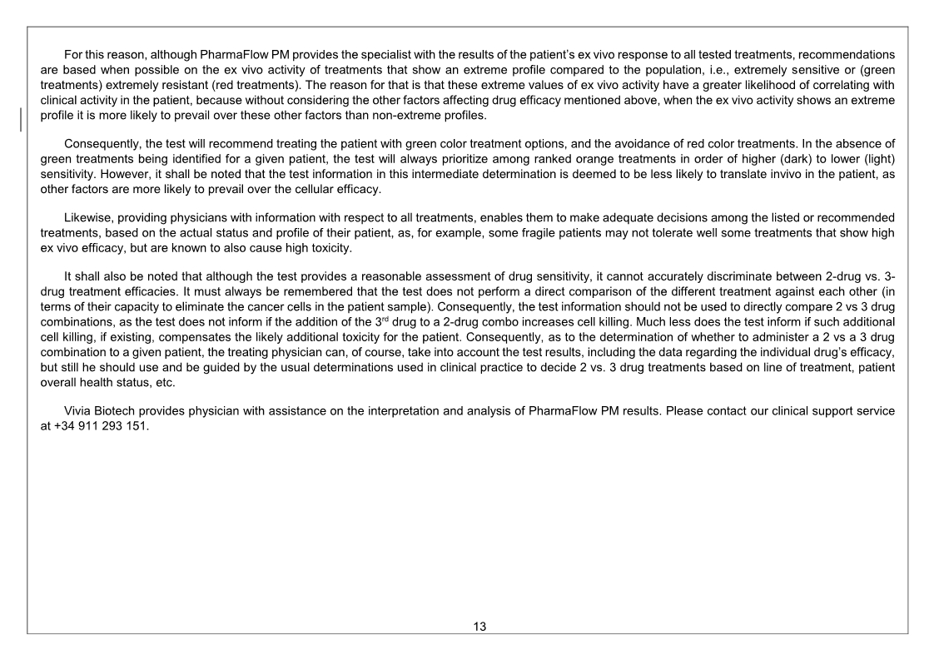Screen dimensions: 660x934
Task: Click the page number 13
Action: coord(479,627)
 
